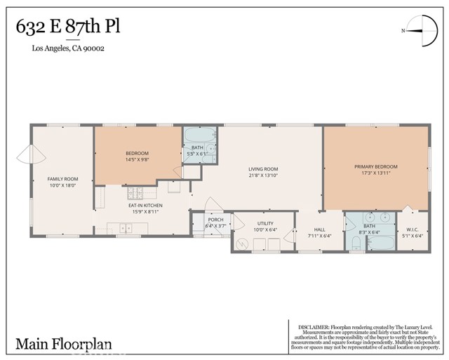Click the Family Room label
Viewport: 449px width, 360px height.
(x=60, y=179)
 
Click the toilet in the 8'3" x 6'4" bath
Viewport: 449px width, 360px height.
(x=356, y=243)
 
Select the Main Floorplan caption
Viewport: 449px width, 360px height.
(x=64, y=345)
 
